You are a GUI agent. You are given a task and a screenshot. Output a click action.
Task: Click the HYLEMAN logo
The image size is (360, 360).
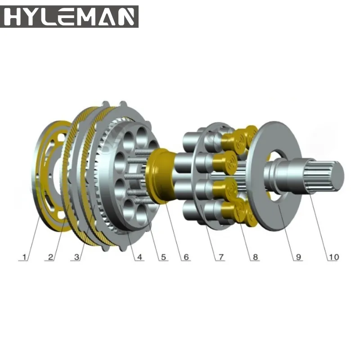click(x=69, y=17)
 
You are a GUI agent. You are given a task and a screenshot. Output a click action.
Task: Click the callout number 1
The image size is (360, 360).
click(x=24, y=257)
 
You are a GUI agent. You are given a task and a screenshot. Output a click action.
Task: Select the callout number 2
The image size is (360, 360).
click(x=51, y=257)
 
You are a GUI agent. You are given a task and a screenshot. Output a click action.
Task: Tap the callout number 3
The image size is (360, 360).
click(x=76, y=257)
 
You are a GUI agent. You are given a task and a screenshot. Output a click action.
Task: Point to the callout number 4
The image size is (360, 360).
click(x=139, y=257)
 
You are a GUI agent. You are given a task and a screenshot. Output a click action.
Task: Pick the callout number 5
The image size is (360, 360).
click(x=163, y=257)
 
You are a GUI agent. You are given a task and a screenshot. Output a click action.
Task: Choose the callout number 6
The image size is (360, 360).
click(x=186, y=257)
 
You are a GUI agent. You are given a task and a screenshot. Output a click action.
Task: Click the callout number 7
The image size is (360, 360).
click(x=221, y=257)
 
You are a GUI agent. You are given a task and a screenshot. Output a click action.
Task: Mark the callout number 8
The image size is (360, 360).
click(x=255, y=257)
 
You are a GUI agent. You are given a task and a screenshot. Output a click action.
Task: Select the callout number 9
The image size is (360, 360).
click(x=298, y=257)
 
